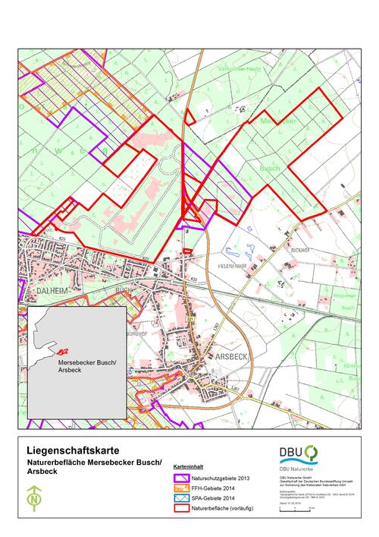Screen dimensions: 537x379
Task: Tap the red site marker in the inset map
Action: (x=63, y=351)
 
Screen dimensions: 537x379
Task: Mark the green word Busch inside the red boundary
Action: (x=270, y=168)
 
